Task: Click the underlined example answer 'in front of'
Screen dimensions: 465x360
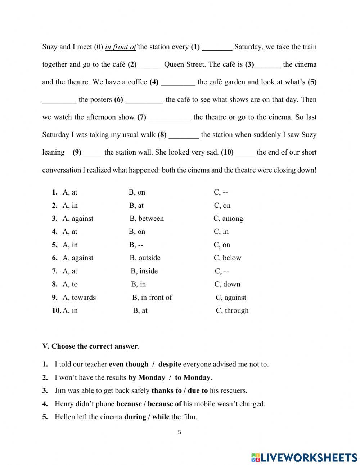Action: tap(121, 47)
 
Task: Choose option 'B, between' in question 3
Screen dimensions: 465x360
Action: tap(147, 219)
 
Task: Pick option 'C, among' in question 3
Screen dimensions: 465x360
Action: tap(228, 219)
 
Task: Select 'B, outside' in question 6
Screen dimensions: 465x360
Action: tap(145, 258)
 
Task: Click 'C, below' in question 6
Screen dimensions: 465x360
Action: tap(228, 258)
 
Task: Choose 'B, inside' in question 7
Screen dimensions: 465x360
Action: tap(144, 271)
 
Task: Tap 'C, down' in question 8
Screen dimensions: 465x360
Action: tap(227, 284)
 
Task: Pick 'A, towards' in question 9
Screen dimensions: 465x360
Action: tap(79, 298)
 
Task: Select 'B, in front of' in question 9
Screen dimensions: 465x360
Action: tap(152, 298)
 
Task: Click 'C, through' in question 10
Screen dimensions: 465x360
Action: tap(232, 310)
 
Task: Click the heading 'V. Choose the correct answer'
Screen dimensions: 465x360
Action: tap(90, 346)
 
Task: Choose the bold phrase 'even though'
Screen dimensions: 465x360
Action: tap(129, 364)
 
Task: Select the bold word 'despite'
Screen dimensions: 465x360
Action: tap(170, 364)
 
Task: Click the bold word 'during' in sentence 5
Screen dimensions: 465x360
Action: tap(135, 417)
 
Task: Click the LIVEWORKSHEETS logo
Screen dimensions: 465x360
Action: tap(304, 457)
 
